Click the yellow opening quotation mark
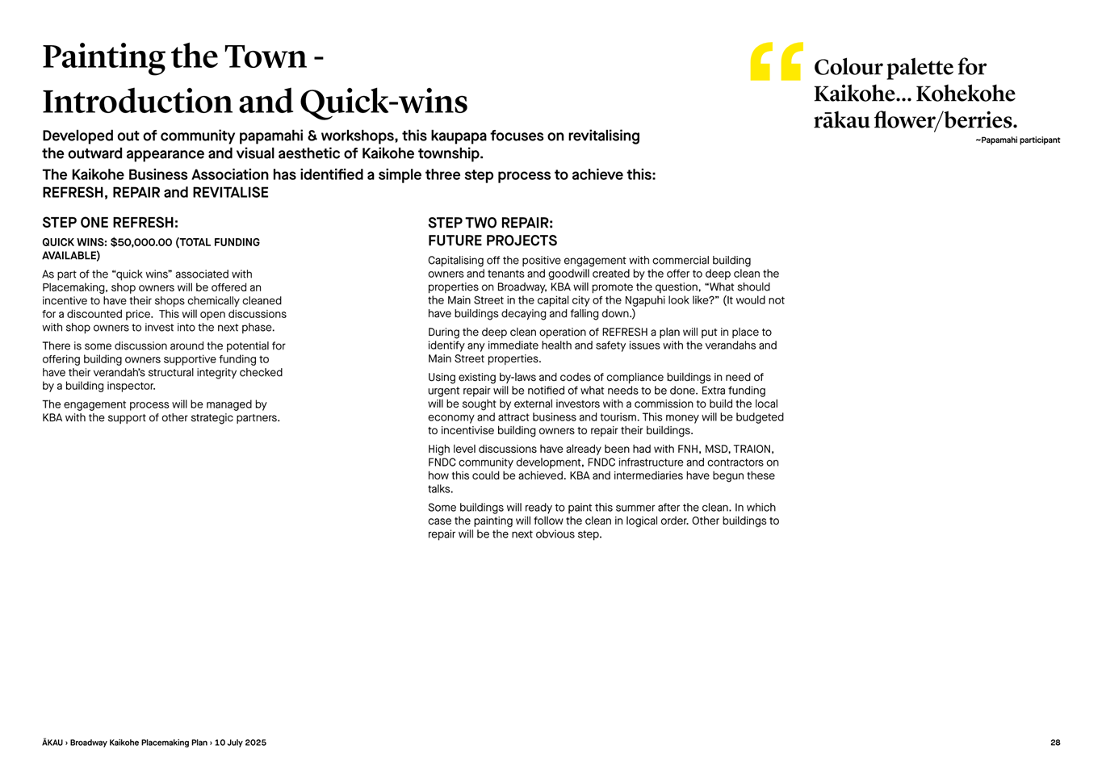click(x=776, y=61)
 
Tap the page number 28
click(x=1055, y=743)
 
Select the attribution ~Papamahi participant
click(x=1017, y=140)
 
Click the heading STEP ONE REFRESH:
click(x=110, y=223)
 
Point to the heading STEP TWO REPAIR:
click(x=490, y=223)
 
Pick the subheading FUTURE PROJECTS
click(x=492, y=241)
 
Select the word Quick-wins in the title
click(x=383, y=103)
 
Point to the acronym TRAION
click(x=752, y=450)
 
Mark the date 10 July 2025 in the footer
click(x=240, y=743)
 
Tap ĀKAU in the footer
click(x=52, y=743)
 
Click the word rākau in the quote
click(x=841, y=121)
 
